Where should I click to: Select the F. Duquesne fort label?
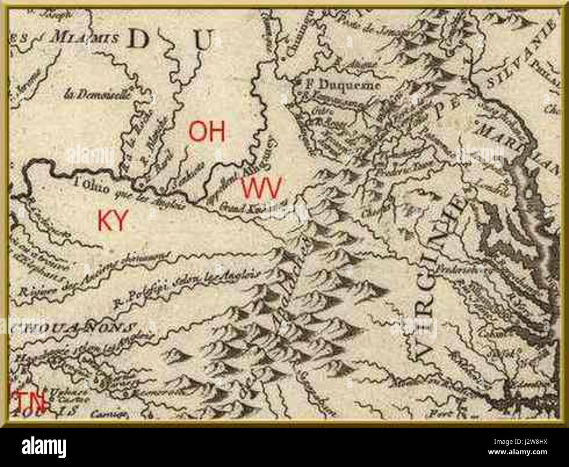tap(342, 84)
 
